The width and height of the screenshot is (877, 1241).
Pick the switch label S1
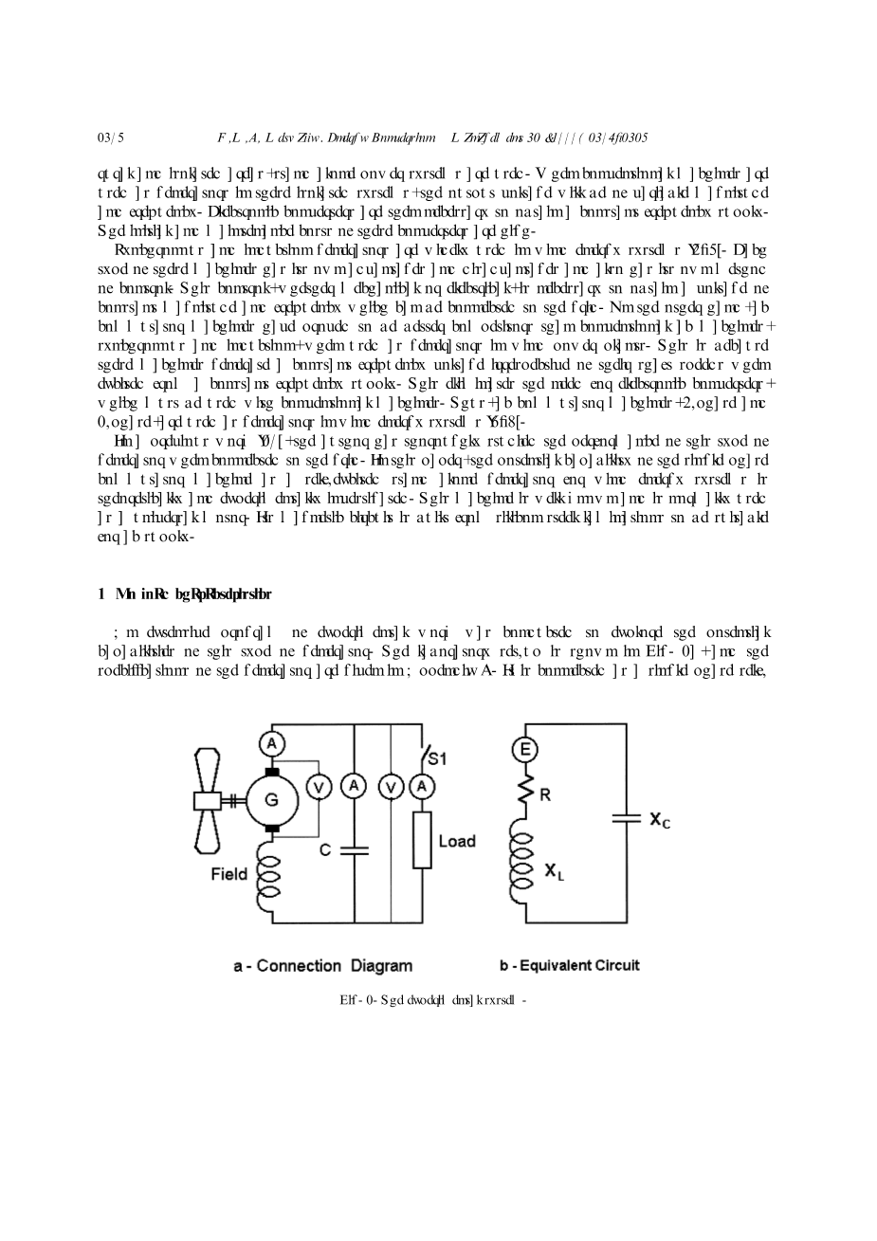click(x=437, y=757)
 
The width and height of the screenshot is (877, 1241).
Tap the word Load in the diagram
click(x=457, y=841)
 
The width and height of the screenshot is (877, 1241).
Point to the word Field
click(x=228, y=874)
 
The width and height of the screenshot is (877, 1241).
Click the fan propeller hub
click(x=207, y=801)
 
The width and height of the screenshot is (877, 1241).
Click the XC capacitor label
click(x=660, y=821)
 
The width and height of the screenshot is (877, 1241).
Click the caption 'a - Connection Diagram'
click(x=323, y=966)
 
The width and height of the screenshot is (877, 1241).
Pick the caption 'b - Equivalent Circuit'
click(x=569, y=965)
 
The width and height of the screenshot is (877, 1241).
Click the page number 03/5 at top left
click(x=111, y=137)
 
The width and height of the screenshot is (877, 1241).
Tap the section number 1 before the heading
click(x=100, y=594)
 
